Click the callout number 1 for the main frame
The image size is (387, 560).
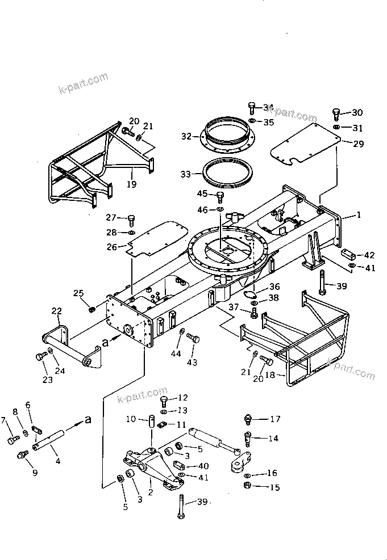click(x=358, y=215)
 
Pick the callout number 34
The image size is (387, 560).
click(x=268, y=107)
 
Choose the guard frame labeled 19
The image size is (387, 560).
click(x=85, y=165)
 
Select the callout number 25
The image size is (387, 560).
click(x=78, y=293)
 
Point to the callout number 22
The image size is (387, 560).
click(x=56, y=311)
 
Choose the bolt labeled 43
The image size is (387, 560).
click(x=193, y=339)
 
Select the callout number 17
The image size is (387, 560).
click(x=275, y=419)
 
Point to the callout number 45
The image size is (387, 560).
click(x=202, y=194)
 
